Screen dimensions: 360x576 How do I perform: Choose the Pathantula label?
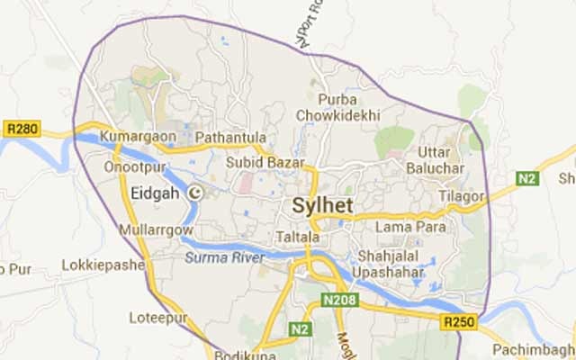pyautogui.click(x=227, y=136)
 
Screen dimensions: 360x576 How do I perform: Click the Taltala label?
pyautogui.click(x=298, y=237)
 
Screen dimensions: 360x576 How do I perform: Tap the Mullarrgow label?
pyautogui.click(x=156, y=230)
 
